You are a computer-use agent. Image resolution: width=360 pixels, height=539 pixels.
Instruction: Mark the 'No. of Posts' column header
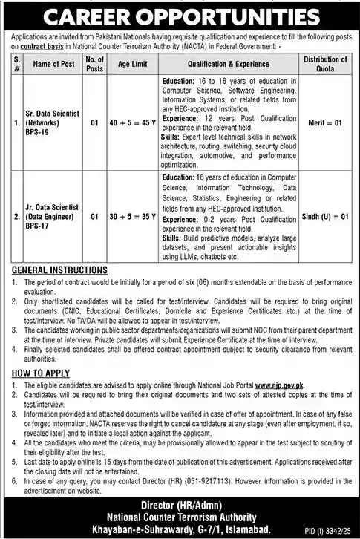94,65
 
